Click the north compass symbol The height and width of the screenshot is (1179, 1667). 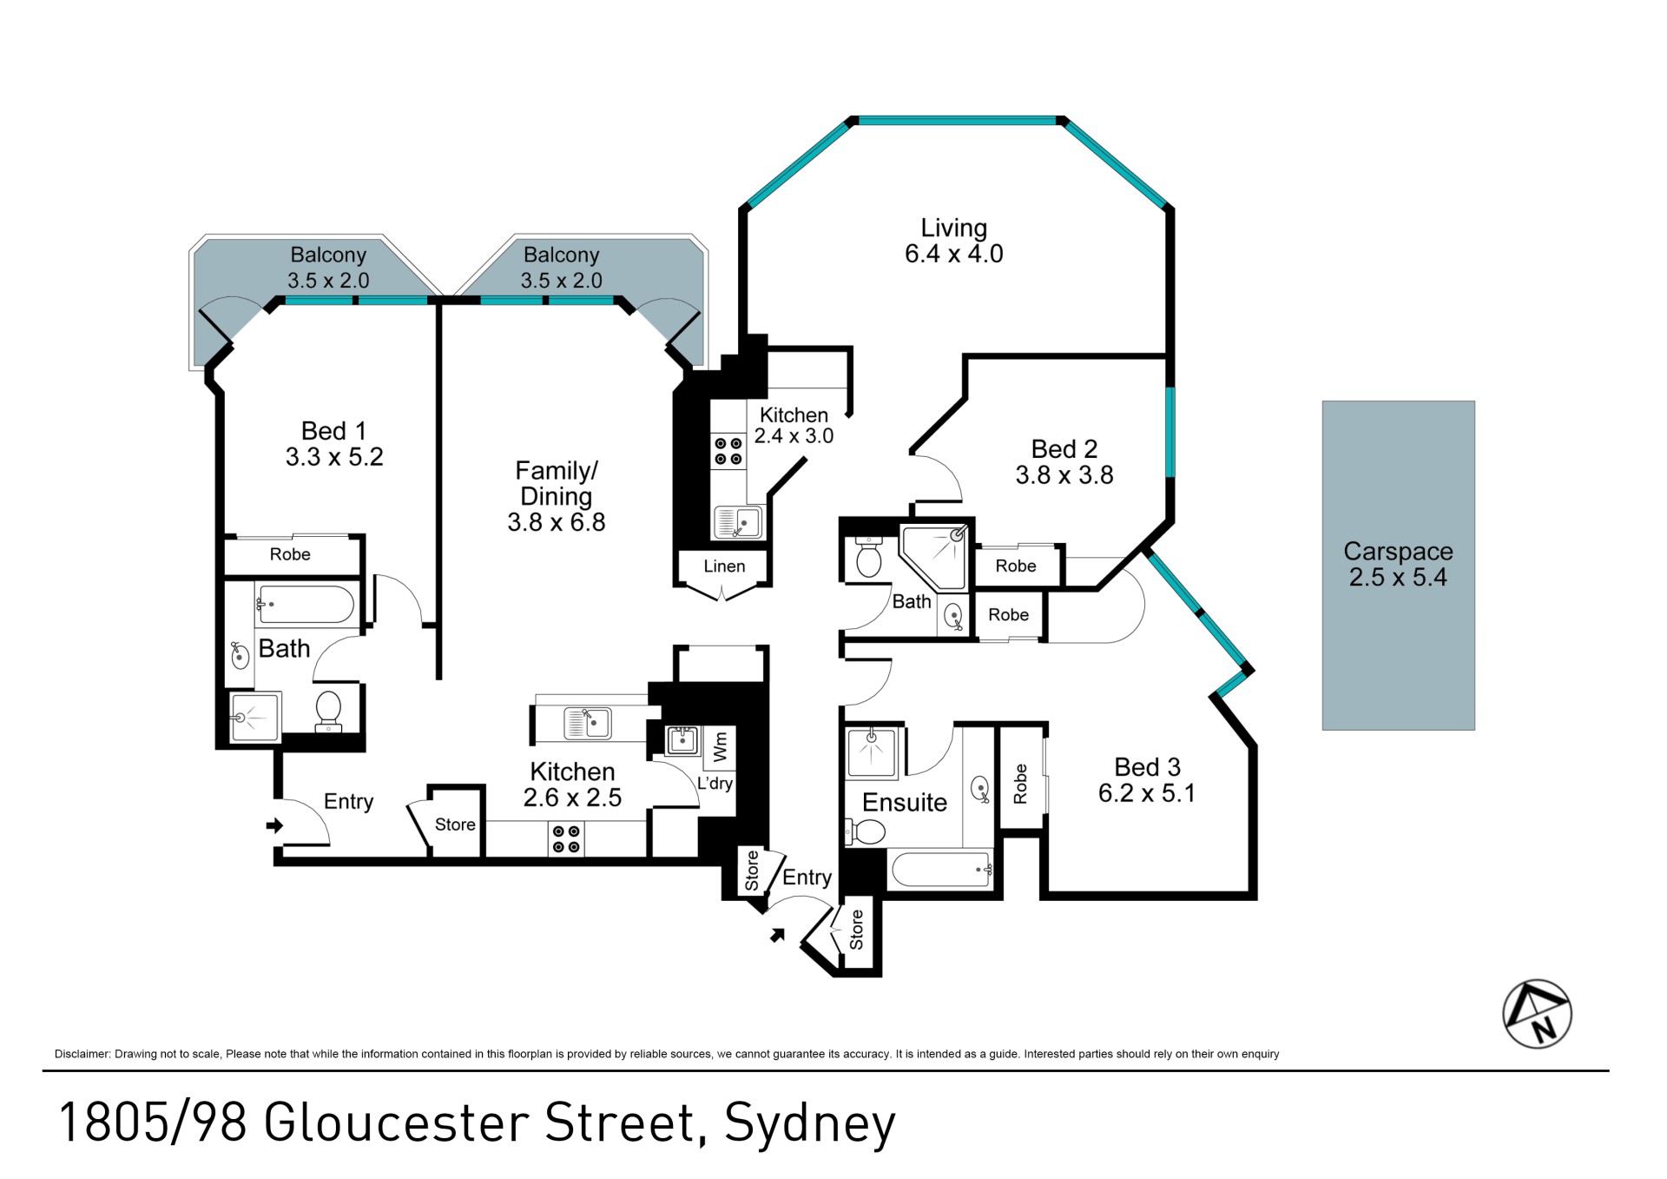[x=1537, y=1014]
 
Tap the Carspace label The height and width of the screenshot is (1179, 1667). [x=1398, y=552]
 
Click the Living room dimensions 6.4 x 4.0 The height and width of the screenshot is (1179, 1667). [x=953, y=254]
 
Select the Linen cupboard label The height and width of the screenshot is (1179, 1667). [x=724, y=566]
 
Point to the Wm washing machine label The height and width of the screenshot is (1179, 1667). [x=720, y=747]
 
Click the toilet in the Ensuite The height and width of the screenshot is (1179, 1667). [x=865, y=832]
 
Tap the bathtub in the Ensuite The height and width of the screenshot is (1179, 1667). [x=942, y=869]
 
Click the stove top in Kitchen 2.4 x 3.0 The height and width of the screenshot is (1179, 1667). [x=728, y=451]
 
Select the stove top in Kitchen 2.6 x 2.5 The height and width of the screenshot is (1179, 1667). [x=566, y=839]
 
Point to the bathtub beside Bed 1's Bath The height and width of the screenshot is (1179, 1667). [x=305, y=605]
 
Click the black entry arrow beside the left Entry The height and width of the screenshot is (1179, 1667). [x=274, y=825]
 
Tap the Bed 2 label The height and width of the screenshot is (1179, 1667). [x=1064, y=449]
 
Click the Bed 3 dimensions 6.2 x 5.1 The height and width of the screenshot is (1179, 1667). [x=1146, y=793]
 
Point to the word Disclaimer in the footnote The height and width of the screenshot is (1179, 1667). [x=82, y=1054]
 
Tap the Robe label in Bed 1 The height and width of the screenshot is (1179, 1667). [x=290, y=554]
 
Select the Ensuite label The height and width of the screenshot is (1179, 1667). [x=905, y=802]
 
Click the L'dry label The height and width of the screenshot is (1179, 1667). [x=715, y=783]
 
